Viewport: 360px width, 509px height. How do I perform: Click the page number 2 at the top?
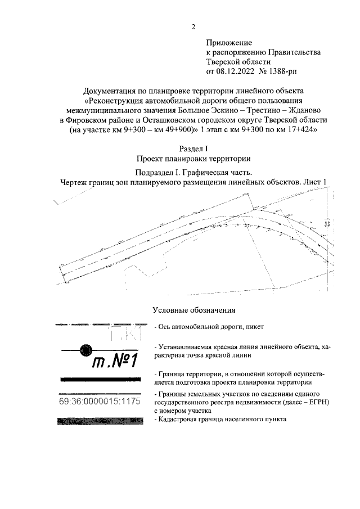[x=193, y=27]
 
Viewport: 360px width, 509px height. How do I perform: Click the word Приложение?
[x=229, y=43]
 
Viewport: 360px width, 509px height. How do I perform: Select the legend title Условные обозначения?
[x=193, y=310]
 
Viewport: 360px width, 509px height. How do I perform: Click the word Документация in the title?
[x=109, y=91]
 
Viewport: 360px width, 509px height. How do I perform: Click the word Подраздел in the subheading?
[x=155, y=172]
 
